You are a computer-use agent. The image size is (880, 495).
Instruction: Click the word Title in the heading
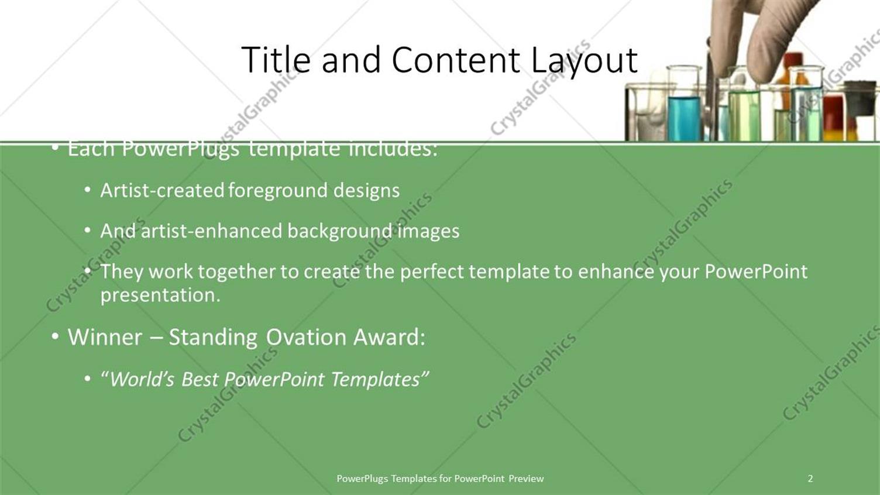pos(276,60)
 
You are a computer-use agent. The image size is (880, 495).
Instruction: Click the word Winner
pos(105,336)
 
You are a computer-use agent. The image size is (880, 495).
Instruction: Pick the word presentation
pos(160,295)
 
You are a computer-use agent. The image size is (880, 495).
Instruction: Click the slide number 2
pos(810,479)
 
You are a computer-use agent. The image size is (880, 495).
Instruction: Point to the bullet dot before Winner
pos(56,336)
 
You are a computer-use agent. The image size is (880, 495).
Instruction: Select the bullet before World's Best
pos(88,379)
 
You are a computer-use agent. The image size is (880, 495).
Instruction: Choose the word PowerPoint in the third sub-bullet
pos(756,272)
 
